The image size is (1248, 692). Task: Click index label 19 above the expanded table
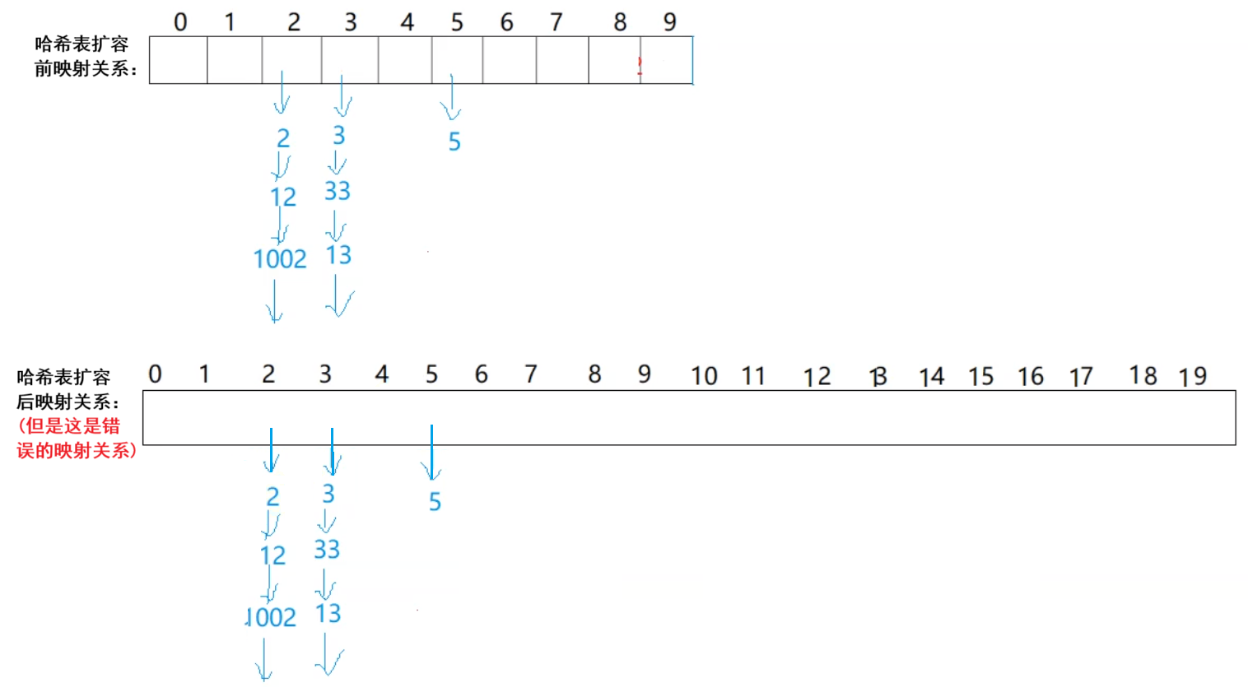coord(1192,377)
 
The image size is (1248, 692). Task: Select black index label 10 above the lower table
coord(704,376)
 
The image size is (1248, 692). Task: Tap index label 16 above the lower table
coord(1031,377)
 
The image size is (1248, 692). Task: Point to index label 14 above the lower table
coord(931,377)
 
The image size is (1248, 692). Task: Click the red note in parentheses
coord(75,439)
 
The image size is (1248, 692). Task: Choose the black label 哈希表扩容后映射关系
coord(67,389)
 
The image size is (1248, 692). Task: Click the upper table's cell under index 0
coord(178,60)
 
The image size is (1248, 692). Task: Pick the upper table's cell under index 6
coord(509,60)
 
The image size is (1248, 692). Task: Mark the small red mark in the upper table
coord(640,67)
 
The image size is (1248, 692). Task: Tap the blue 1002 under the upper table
coord(280,259)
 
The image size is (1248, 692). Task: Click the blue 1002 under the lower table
coord(271,617)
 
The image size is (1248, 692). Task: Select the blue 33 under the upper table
coord(338,191)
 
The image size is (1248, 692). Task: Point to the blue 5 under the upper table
coord(454,142)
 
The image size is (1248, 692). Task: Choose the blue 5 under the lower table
coord(435,501)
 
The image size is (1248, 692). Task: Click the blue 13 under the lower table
coord(328,613)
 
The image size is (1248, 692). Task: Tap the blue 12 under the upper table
coord(283,197)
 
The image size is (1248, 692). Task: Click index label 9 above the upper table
coord(669,22)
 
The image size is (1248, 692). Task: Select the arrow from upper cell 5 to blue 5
coord(451,97)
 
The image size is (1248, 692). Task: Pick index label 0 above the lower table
coord(155,374)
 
